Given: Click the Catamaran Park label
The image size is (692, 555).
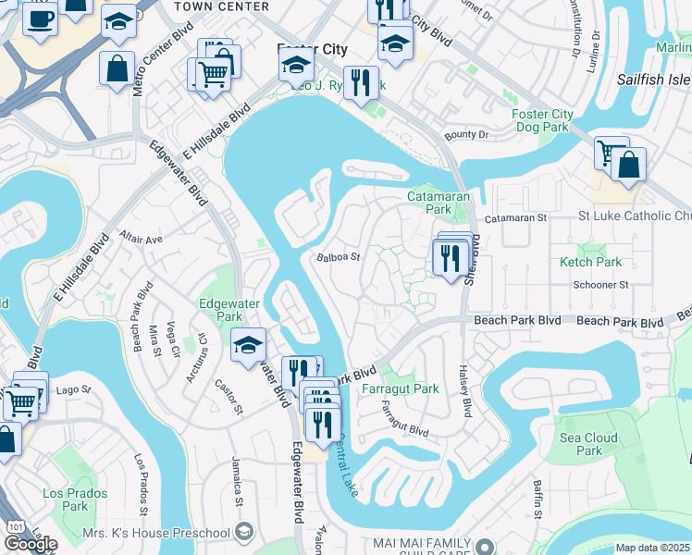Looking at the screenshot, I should [439, 203].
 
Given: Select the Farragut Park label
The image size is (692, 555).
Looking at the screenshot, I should [400, 389].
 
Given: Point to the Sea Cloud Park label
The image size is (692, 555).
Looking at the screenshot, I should [588, 444].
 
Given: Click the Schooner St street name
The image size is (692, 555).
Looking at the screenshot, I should [600, 285].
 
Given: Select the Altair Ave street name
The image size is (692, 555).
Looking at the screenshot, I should [141, 239].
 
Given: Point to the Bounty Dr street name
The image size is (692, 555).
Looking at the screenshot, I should [466, 135].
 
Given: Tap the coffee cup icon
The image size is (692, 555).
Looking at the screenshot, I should [39, 18].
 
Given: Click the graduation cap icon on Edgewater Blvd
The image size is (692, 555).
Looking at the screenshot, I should [248, 344].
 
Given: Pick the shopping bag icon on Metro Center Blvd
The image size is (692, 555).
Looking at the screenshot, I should [117, 68].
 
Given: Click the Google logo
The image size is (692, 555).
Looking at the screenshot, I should [30, 543].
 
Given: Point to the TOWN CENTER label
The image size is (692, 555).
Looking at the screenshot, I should [220, 6].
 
